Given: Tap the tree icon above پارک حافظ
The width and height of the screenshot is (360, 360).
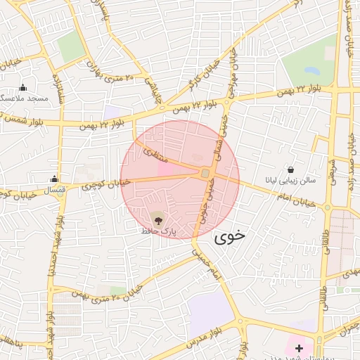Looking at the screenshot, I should [x=156, y=219].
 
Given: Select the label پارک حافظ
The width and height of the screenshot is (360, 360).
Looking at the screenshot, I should [x=157, y=231].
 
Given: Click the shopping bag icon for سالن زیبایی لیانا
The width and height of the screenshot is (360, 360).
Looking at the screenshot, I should [x=290, y=169].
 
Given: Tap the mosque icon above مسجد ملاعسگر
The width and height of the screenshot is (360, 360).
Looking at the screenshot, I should [x=23, y=88].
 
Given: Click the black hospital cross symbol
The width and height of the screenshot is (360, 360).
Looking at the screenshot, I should [x=300, y=348].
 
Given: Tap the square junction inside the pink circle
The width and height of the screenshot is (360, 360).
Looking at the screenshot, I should [x=205, y=173].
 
